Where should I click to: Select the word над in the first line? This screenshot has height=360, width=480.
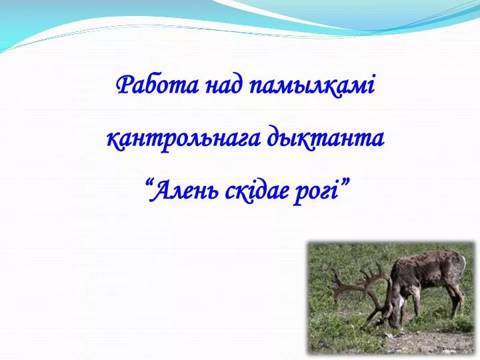point(225,85)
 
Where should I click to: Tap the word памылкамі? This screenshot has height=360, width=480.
point(312,87)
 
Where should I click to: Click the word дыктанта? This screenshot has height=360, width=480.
point(325,139)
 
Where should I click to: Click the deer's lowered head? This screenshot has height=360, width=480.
point(394,309)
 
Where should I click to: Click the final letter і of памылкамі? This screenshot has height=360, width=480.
point(371,87)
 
